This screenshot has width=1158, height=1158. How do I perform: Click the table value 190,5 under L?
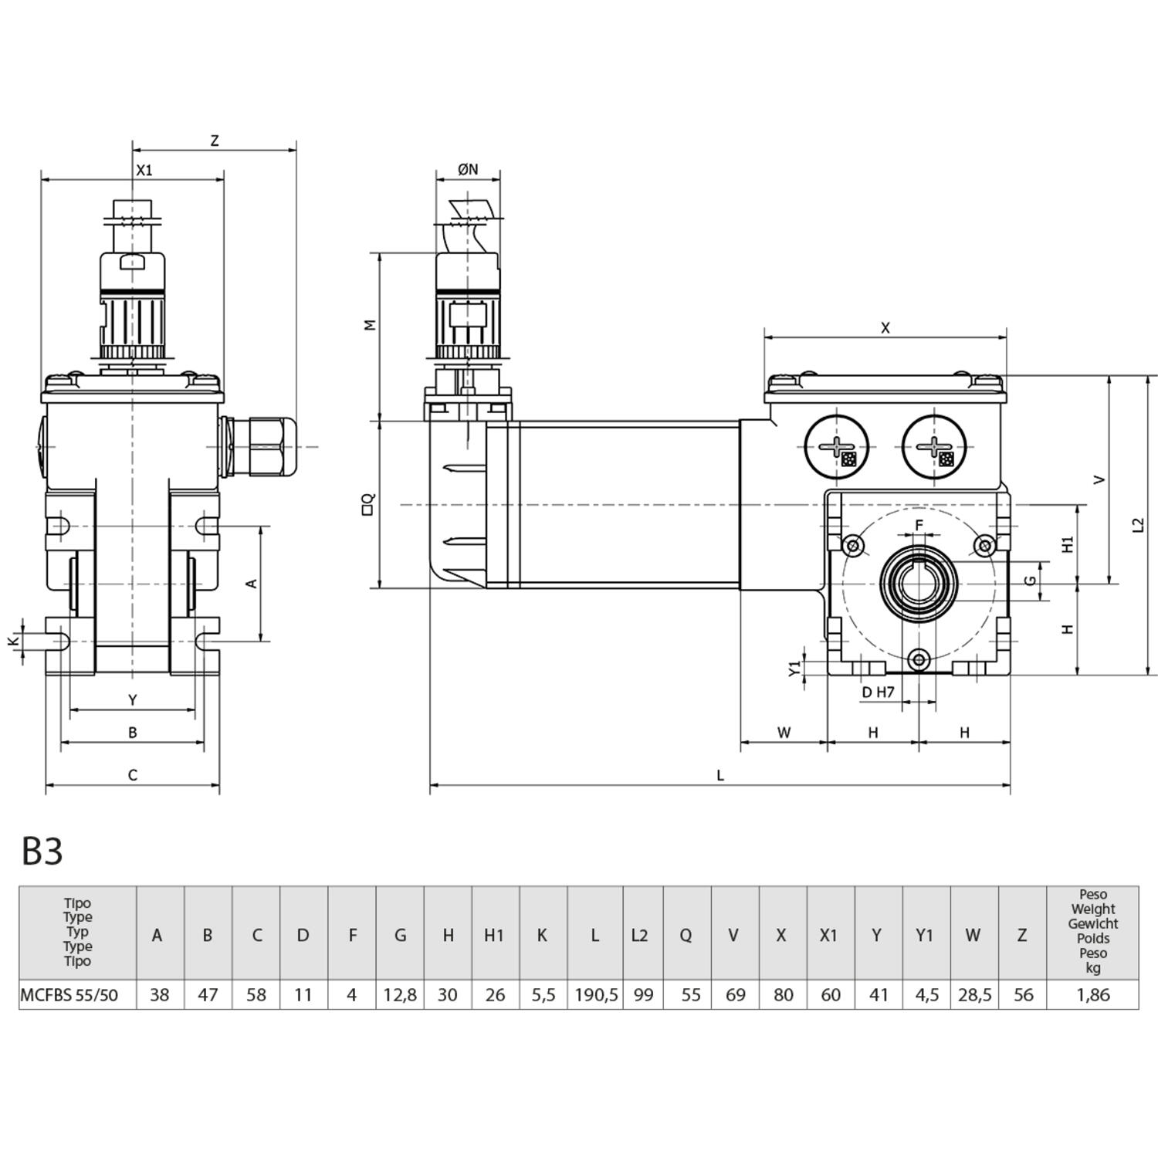click(x=596, y=995)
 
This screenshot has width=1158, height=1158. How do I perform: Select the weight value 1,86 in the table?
click(x=1092, y=995)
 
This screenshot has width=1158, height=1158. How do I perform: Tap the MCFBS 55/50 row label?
click(x=69, y=995)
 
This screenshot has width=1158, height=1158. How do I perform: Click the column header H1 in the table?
click(x=494, y=935)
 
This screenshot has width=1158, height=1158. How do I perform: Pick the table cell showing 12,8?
click(x=400, y=995)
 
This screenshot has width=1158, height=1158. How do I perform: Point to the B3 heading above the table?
click(x=42, y=851)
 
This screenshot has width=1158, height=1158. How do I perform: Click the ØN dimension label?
click(x=468, y=169)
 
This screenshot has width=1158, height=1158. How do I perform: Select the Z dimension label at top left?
click(x=215, y=141)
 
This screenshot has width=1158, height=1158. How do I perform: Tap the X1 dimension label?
click(x=144, y=170)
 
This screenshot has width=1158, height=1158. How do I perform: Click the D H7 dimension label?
click(x=878, y=692)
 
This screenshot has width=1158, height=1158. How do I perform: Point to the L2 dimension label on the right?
click(x=1138, y=525)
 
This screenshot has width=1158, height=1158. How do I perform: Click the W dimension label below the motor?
click(x=784, y=733)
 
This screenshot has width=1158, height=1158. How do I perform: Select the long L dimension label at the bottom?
click(x=720, y=775)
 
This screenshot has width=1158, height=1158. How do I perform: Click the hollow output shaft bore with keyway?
click(x=919, y=583)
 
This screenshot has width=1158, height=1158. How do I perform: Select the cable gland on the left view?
click(x=262, y=447)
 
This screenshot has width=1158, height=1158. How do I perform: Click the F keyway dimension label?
click(x=919, y=525)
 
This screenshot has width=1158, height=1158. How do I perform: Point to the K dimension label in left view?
click(x=12, y=641)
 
